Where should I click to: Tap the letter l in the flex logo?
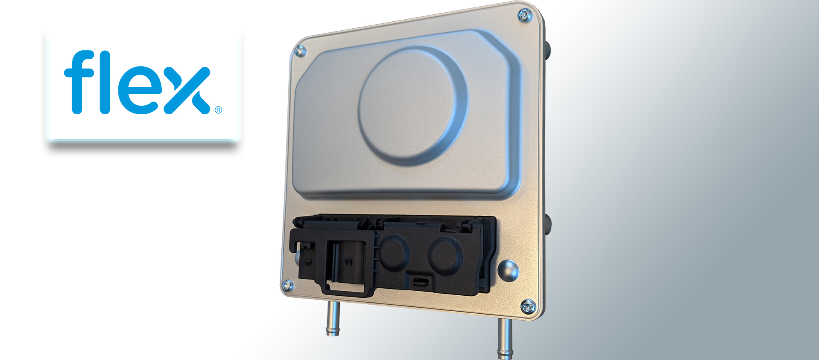click(105, 82)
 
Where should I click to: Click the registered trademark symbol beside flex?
click(218, 110)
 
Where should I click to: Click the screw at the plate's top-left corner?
click(300, 51)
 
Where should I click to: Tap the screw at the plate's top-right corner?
click(525, 16)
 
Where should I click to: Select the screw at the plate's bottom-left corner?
click(287, 285)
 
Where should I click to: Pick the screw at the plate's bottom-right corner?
click(527, 306)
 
